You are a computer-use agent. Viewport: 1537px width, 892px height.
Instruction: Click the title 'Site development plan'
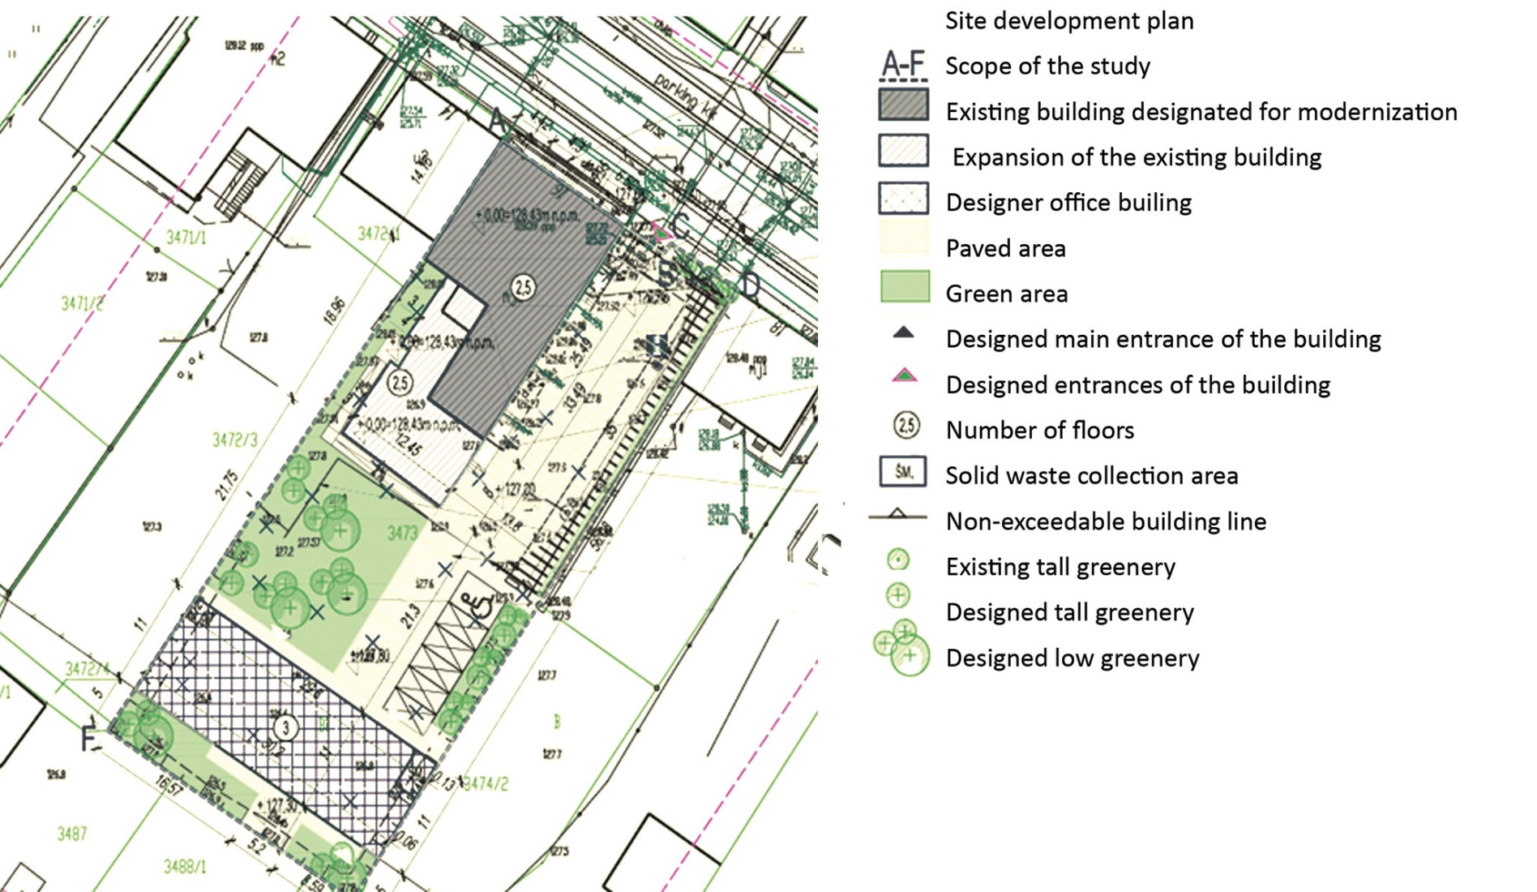[1068, 20]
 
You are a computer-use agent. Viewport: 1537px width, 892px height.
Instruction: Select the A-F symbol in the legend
[903, 65]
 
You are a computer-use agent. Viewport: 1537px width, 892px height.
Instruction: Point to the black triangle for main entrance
[903, 332]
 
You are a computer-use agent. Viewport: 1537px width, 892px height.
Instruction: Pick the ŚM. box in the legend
[903, 471]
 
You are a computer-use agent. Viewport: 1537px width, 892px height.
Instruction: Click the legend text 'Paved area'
[1005, 248]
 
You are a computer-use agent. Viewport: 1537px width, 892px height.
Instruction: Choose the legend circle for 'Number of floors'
[905, 425]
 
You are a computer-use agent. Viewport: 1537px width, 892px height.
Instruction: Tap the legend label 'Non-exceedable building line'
[1105, 521]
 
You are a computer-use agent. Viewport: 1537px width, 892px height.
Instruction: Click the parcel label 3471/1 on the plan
[186, 237]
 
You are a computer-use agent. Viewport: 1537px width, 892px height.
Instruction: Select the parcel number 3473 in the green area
[402, 532]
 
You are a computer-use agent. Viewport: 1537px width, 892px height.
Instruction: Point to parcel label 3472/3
[234, 440]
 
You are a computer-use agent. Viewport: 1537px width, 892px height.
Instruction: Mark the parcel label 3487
[71, 833]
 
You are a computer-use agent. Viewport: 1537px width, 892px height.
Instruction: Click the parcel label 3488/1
[185, 867]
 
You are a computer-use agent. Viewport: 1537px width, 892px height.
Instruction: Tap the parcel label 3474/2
[486, 783]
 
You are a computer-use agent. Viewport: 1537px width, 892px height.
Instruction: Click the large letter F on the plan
[88, 740]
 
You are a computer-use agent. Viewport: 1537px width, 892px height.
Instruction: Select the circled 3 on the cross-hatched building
[285, 727]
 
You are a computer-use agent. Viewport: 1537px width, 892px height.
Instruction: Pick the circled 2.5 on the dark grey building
[523, 286]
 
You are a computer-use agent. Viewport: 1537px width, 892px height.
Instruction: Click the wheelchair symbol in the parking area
[480, 605]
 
